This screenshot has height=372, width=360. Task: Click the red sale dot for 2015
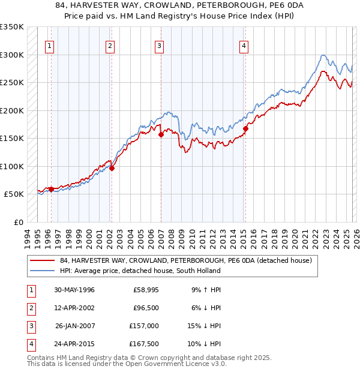(245, 128)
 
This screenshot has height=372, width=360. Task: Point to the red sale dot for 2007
(161, 135)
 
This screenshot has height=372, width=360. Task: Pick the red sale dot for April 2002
(112, 169)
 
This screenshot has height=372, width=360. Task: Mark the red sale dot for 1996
(51, 189)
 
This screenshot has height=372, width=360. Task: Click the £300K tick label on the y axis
(12, 55)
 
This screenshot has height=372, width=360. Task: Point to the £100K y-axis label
(12, 166)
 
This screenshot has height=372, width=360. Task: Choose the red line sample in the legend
(42, 261)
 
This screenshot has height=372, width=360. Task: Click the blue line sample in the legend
(42, 271)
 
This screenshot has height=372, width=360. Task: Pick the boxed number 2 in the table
(30, 308)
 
